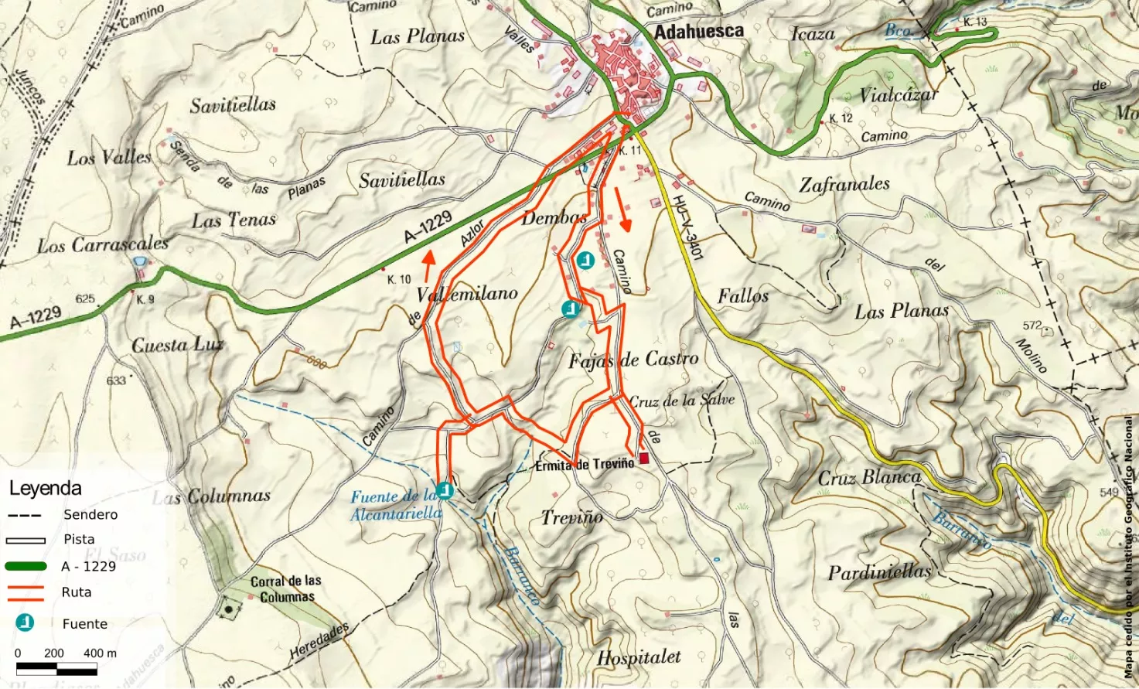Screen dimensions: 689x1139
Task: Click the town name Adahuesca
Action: tap(698, 31)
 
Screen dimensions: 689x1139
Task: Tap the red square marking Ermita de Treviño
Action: tap(644, 459)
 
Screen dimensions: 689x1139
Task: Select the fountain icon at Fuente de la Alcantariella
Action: tap(445, 490)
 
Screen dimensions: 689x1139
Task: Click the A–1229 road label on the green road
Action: tap(428, 227)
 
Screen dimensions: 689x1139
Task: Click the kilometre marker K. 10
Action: tap(399, 279)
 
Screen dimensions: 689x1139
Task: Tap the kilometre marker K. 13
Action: tap(975, 22)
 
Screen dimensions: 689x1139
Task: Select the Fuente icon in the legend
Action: tap(26, 622)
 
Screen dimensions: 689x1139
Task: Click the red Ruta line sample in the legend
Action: tap(26, 592)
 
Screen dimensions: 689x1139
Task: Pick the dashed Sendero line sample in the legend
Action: tap(26, 515)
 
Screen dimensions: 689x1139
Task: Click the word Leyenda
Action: tap(45, 489)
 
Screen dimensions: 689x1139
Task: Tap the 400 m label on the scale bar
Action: tap(100, 653)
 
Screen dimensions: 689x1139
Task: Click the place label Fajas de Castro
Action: tap(633, 360)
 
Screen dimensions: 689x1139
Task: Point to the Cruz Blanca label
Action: tap(870, 478)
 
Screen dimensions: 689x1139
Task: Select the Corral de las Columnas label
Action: tap(286, 589)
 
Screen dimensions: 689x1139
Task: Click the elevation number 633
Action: tap(116, 380)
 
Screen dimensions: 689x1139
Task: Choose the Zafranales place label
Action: tap(844, 185)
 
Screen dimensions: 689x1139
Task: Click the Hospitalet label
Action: tap(639, 658)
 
